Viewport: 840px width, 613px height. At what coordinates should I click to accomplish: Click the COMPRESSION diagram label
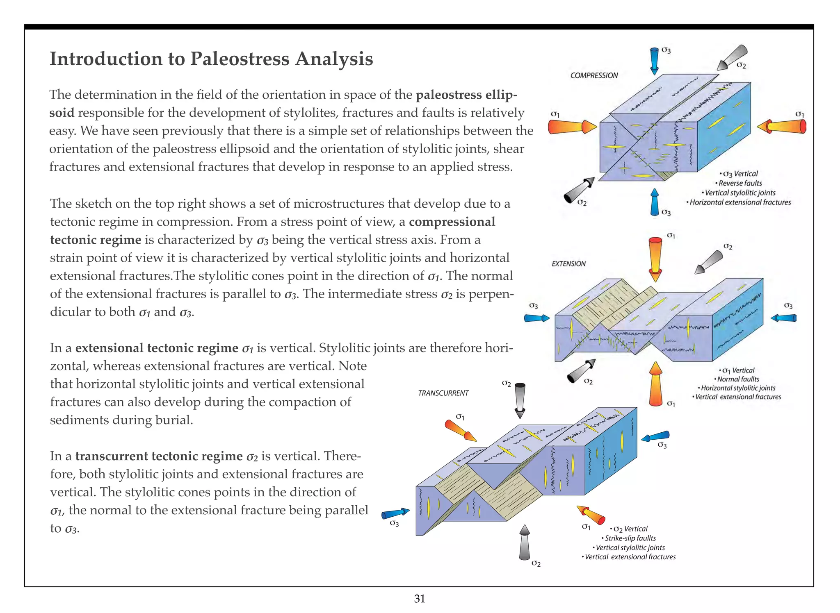coord(594,75)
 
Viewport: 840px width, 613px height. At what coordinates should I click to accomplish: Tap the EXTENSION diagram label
coord(568,264)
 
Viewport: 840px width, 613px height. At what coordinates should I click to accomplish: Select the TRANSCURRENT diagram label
coord(443,393)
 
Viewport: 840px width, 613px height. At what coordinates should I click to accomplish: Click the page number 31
coord(420,599)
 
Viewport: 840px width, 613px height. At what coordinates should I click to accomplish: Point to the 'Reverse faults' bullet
coord(740,183)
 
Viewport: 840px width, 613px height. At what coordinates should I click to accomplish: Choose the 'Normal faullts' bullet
coord(737,379)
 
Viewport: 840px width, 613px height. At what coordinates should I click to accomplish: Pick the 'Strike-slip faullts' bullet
coord(630,538)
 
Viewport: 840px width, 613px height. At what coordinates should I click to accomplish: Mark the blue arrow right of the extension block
coord(784,318)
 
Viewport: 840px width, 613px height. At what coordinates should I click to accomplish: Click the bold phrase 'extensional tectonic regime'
coord(157,348)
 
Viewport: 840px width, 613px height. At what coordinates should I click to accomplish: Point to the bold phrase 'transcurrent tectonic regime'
coord(159,456)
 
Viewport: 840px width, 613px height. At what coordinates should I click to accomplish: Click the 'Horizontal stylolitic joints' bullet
coord(737,388)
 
